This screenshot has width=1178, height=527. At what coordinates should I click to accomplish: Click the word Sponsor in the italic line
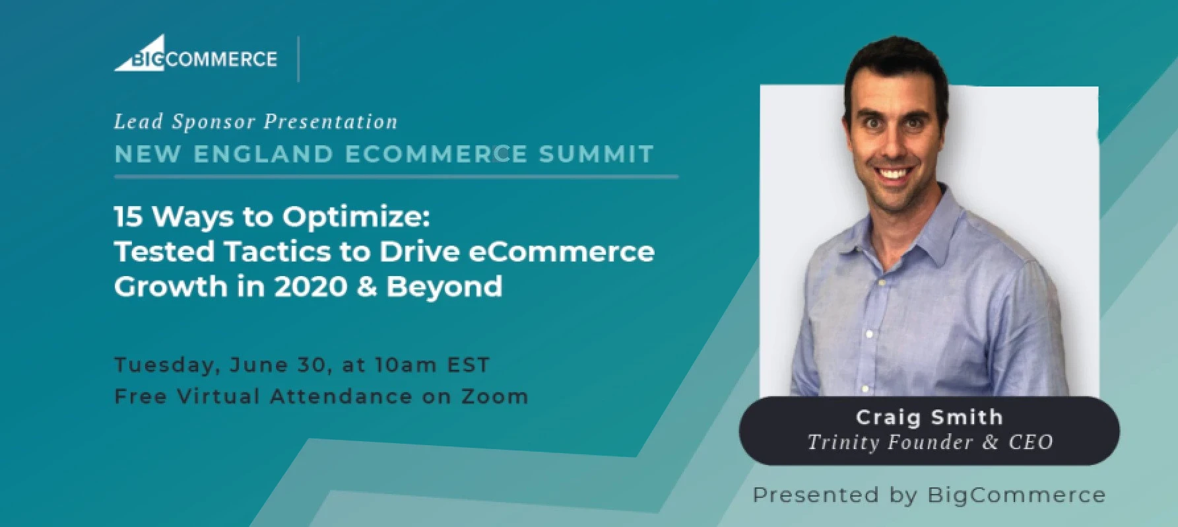[x=213, y=122]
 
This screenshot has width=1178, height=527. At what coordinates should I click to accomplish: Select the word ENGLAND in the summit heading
[x=263, y=154]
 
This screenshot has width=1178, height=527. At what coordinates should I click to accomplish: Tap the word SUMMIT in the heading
[x=596, y=154]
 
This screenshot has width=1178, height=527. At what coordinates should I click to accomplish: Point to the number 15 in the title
[x=129, y=217]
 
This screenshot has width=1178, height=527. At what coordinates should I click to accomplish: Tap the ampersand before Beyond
[x=367, y=287]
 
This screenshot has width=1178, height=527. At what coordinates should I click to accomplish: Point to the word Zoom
[x=494, y=396]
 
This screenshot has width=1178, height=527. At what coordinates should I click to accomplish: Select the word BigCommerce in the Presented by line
[x=1016, y=495]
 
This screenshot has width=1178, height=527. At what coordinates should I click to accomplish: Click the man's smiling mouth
[x=894, y=174]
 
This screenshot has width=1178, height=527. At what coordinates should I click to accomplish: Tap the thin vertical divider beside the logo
[x=299, y=59]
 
